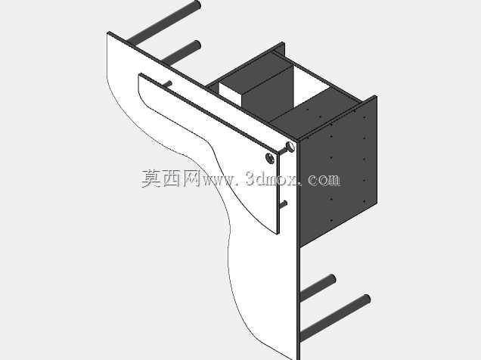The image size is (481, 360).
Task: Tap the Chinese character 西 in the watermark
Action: [172, 178]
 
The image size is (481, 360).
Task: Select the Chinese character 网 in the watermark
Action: [193, 178]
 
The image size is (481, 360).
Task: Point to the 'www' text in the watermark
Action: [219, 181]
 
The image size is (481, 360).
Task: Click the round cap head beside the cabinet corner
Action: [290, 147]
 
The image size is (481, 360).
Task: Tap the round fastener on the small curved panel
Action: [270, 158]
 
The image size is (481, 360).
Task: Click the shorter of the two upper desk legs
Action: [182, 53]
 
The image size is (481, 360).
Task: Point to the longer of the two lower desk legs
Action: [335, 318]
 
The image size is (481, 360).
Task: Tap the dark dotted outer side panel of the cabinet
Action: [338, 172]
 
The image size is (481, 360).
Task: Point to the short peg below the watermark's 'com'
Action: [284, 204]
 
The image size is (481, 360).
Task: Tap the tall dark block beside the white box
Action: [268, 92]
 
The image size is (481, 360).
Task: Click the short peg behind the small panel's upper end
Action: [167, 84]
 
